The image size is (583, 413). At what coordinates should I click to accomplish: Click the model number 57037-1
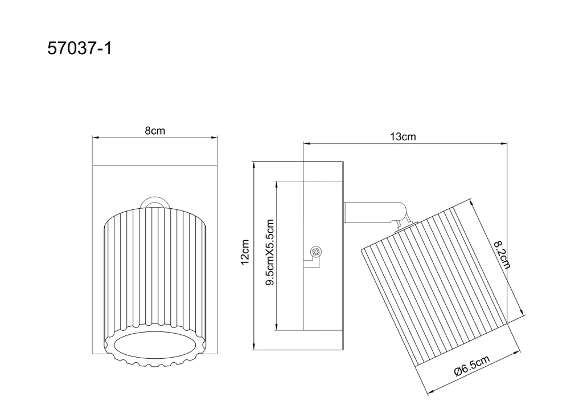click(79, 48)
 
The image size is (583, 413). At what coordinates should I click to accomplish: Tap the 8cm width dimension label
click(155, 131)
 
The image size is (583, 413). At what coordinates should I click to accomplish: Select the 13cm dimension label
click(403, 137)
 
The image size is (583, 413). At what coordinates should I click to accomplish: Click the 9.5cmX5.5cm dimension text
click(269, 252)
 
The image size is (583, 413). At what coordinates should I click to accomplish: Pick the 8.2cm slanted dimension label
click(502, 254)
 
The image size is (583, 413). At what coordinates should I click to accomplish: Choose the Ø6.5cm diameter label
click(471, 366)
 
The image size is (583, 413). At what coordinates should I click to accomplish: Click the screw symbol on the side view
click(316, 252)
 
